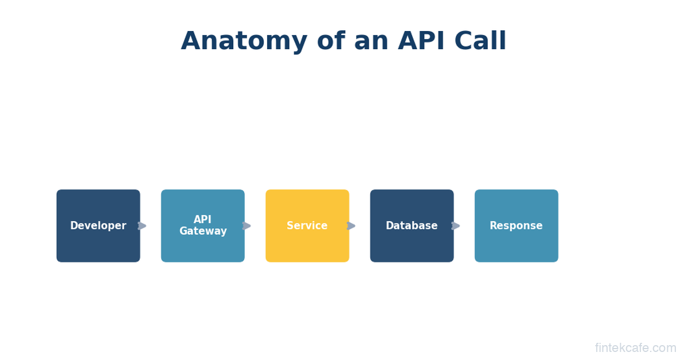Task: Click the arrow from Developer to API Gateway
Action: (142, 226)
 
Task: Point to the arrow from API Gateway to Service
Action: (247, 226)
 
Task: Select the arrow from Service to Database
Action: (351, 226)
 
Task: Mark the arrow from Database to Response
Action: (456, 226)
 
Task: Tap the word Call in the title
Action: (480, 42)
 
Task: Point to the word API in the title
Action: (423, 42)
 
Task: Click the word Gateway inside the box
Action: (203, 232)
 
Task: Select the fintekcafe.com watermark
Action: (635, 348)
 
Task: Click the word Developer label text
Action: (98, 226)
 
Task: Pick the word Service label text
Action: (307, 226)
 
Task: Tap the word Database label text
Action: (412, 226)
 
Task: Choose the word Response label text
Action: (516, 226)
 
